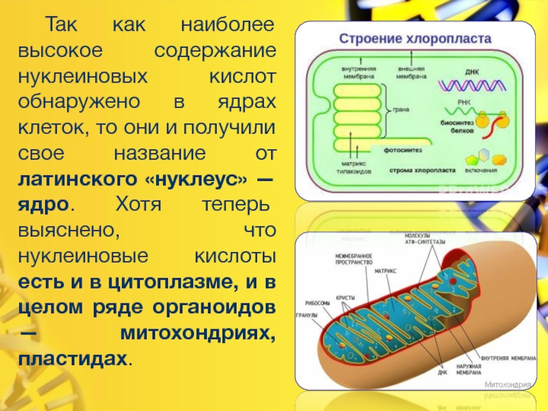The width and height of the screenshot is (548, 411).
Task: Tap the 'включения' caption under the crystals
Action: coord(482,169)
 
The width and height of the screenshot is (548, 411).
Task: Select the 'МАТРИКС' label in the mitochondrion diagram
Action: coord(385,271)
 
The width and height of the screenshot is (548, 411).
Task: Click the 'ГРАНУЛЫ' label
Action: coord(306,316)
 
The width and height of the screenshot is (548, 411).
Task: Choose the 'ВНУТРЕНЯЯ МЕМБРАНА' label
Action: coord(508,358)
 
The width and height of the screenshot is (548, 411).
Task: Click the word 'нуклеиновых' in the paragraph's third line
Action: coord(82,75)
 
